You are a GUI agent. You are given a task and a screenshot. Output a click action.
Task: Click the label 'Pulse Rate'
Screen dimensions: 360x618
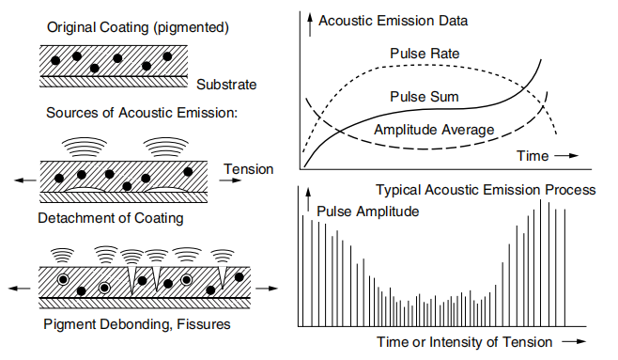coord(425,54)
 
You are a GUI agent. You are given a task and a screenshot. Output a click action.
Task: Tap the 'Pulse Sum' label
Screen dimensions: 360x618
coord(425,97)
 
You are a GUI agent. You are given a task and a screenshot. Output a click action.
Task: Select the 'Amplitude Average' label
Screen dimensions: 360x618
coord(434,129)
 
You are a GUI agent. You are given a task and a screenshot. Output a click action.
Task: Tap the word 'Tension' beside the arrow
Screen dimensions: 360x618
coord(248,169)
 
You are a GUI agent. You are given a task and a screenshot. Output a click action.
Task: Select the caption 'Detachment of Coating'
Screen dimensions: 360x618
coord(111,218)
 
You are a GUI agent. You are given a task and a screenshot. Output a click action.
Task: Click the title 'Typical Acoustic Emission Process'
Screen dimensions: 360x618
coord(486,190)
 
